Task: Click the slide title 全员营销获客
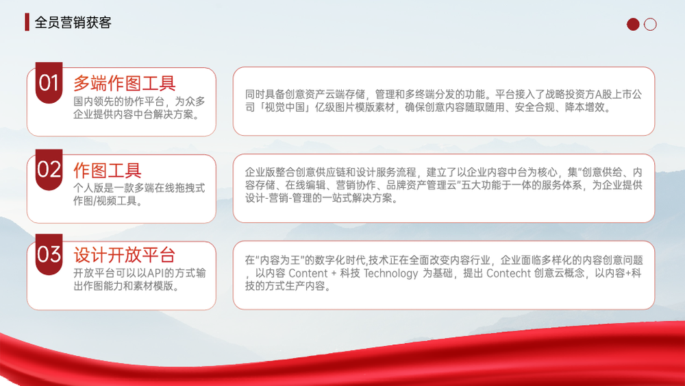[73, 23]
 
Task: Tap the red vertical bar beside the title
[27, 23]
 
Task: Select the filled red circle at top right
[633, 25]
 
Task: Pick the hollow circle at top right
[650, 25]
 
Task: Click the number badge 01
[49, 83]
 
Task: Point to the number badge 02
[49, 169]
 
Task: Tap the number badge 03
[49, 254]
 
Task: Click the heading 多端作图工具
[125, 83]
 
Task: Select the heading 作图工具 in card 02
[108, 170]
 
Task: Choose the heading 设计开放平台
[125, 255]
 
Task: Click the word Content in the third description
[308, 273]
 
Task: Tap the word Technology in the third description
[391, 274]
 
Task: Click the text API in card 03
[155, 273]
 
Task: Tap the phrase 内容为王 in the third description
[279, 261]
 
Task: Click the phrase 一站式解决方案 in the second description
[360, 198]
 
